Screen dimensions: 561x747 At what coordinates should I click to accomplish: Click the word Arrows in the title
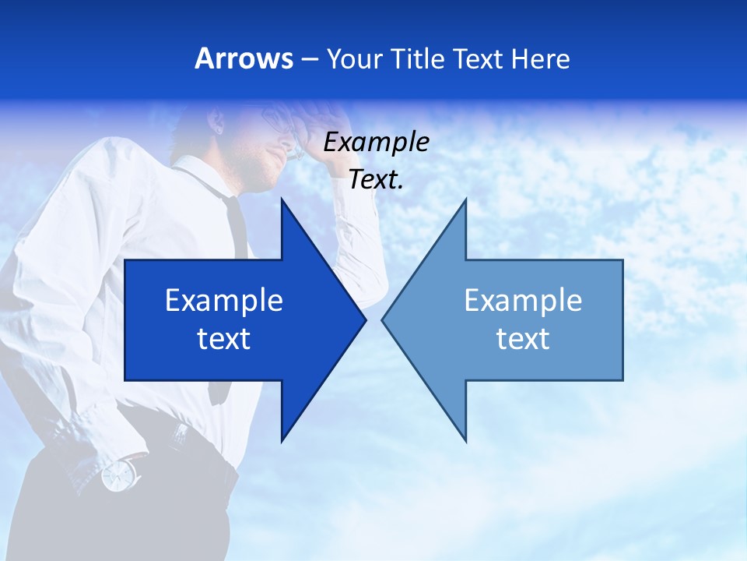point(244,58)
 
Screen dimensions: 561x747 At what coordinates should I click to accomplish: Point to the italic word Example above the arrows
point(376,142)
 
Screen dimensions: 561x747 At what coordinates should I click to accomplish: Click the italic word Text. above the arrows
point(376,180)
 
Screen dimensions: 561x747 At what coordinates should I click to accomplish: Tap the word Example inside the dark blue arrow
point(224,300)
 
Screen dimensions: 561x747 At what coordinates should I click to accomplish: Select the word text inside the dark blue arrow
point(224,339)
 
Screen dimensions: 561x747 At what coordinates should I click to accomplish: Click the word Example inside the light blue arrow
point(523,300)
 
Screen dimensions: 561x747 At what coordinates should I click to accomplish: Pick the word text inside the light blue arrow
point(523,339)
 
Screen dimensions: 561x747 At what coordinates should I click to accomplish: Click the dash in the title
point(310,59)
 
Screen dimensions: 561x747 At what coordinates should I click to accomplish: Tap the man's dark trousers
point(117,522)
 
